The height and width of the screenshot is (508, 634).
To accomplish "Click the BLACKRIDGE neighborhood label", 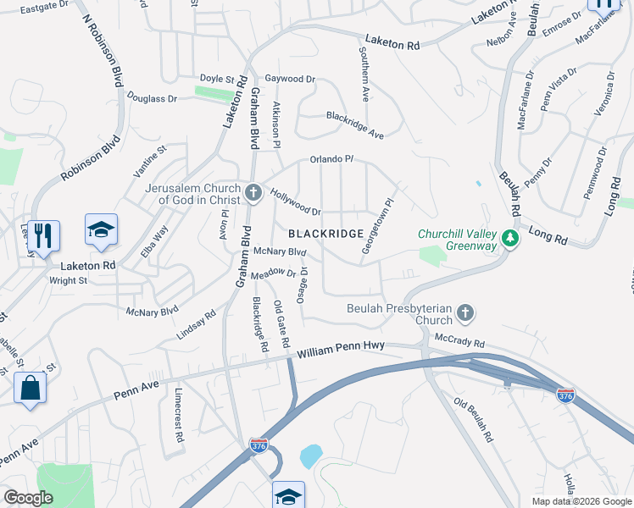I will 326,233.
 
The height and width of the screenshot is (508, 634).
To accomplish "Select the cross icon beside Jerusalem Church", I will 253,195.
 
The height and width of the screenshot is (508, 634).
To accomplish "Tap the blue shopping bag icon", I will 31,388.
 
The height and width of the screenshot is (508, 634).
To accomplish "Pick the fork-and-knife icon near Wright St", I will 44,236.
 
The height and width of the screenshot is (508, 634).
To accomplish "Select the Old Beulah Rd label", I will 473,421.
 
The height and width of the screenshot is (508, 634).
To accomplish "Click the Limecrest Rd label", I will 179,416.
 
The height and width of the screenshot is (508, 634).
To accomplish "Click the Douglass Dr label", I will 153,98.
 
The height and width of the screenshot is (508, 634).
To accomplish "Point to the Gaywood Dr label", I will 290,79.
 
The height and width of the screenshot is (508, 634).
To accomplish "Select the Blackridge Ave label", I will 355,124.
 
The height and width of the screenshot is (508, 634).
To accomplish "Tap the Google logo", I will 29,498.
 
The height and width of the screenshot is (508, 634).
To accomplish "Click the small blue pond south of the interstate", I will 310,456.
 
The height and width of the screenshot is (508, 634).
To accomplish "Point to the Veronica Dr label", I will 608,94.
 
